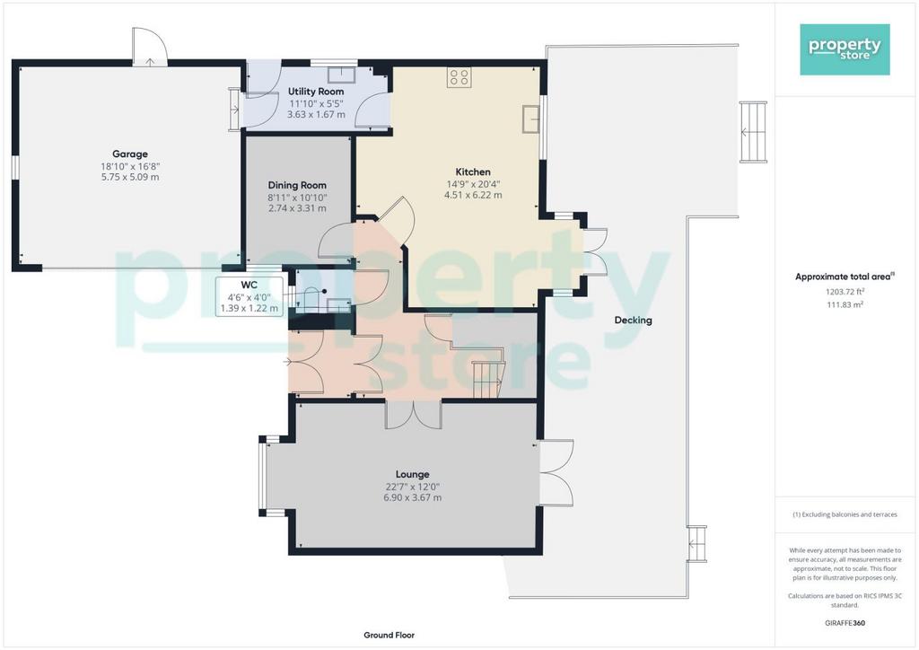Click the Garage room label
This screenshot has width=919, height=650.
tap(129, 154)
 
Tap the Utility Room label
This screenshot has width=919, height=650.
tap(315, 92)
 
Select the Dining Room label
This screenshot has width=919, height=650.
tap(297, 185)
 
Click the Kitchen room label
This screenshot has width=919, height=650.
tap(473, 171)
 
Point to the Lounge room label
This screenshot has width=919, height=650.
tap(413, 474)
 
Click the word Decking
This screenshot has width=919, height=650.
tap(633, 320)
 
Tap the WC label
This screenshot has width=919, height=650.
tap(249, 285)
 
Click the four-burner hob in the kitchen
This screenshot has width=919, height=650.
tap(459, 77)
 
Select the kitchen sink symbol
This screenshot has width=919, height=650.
tap(531, 119)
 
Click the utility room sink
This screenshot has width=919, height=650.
tap(338, 75)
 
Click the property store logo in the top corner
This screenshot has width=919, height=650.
tap(845, 49)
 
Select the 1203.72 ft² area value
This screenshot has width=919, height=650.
tap(845, 291)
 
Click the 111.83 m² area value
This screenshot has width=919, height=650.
tap(845, 304)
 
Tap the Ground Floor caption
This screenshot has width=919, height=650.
tap(389, 635)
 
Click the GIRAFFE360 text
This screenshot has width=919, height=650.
tap(845, 623)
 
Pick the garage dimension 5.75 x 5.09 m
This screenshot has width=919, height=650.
tap(130, 177)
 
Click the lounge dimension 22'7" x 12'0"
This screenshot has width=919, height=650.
tap(413, 487)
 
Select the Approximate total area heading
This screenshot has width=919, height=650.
tap(845, 277)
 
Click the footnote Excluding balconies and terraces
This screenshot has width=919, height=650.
tap(845, 514)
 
